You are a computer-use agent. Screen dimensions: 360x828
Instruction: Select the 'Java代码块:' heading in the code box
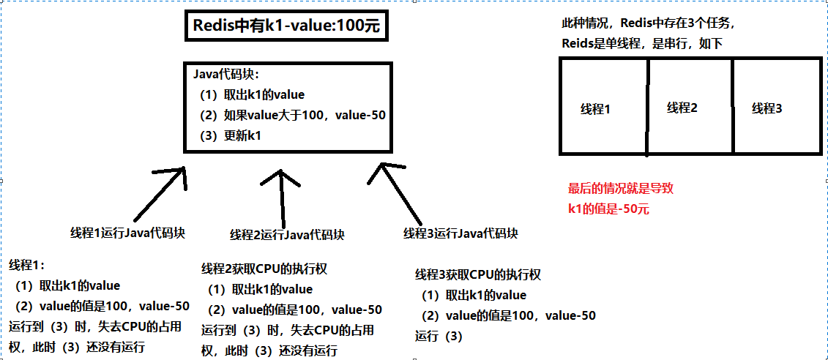pos(225,75)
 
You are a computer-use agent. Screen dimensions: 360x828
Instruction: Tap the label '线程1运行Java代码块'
pos(127,232)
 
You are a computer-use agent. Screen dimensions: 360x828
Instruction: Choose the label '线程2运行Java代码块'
pos(287,234)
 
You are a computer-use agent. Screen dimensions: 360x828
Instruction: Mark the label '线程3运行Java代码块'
pos(460,233)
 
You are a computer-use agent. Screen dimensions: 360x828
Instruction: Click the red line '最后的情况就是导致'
pos(621,188)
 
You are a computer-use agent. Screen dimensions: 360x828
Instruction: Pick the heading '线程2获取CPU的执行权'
pos(264,269)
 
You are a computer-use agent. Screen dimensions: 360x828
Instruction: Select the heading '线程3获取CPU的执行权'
pos(478,274)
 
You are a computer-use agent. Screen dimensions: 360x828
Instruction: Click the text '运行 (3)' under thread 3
pos(439,336)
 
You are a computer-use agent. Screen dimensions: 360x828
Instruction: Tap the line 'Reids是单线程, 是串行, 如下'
pos(642,43)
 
